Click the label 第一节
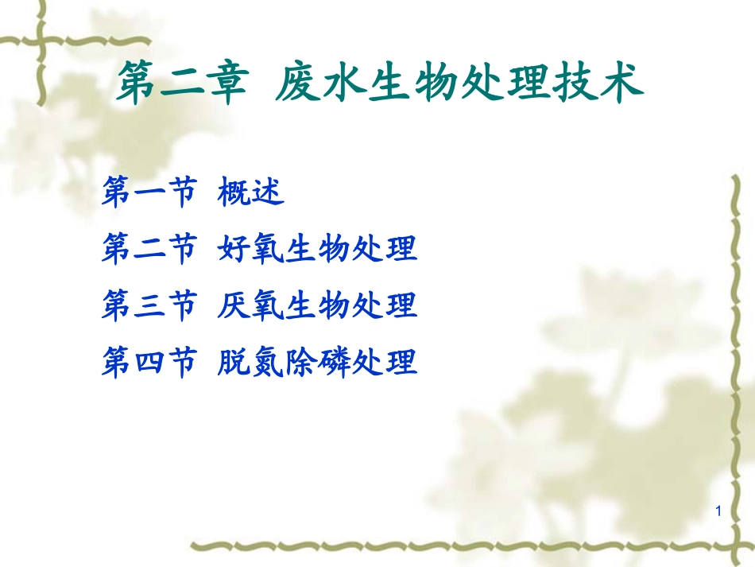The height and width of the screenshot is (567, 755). [x=149, y=192]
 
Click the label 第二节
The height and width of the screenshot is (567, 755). [x=149, y=249]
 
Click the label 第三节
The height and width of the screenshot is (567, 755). [x=149, y=305]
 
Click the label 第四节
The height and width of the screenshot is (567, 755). [x=149, y=363]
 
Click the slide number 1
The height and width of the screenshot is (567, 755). [x=718, y=511]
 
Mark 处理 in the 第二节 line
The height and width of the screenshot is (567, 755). [x=385, y=249]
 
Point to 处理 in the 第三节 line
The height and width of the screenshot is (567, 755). [x=385, y=305]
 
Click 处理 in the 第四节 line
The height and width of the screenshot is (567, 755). [x=385, y=363]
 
